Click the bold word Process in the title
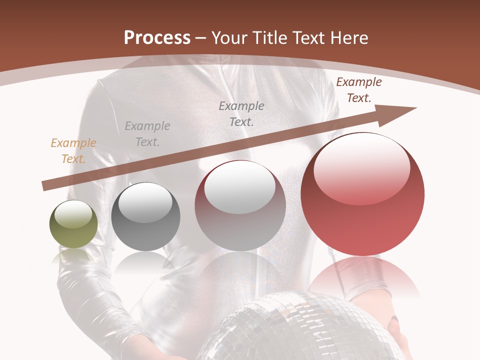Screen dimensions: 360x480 pyautogui.click(x=157, y=37)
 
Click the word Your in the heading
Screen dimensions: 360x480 pyautogui.click(x=230, y=37)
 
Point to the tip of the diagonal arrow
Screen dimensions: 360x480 pyautogui.click(x=415, y=108)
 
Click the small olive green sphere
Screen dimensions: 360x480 pyautogui.click(x=73, y=224)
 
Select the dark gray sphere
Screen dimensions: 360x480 pyautogui.click(x=145, y=217)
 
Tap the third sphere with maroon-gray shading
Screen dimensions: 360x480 pyautogui.click(x=240, y=206)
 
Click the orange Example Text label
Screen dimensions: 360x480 pyautogui.click(x=73, y=151)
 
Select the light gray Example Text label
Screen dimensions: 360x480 pyautogui.click(x=147, y=134)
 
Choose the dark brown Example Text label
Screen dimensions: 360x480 pyautogui.click(x=358, y=90)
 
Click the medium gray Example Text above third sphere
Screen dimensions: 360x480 pyautogui.click(x=241, y=113)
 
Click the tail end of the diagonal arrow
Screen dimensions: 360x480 pyautogui.click(x=45, y=186)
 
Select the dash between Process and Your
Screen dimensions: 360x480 pyautogui.click(x=201, y=38)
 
